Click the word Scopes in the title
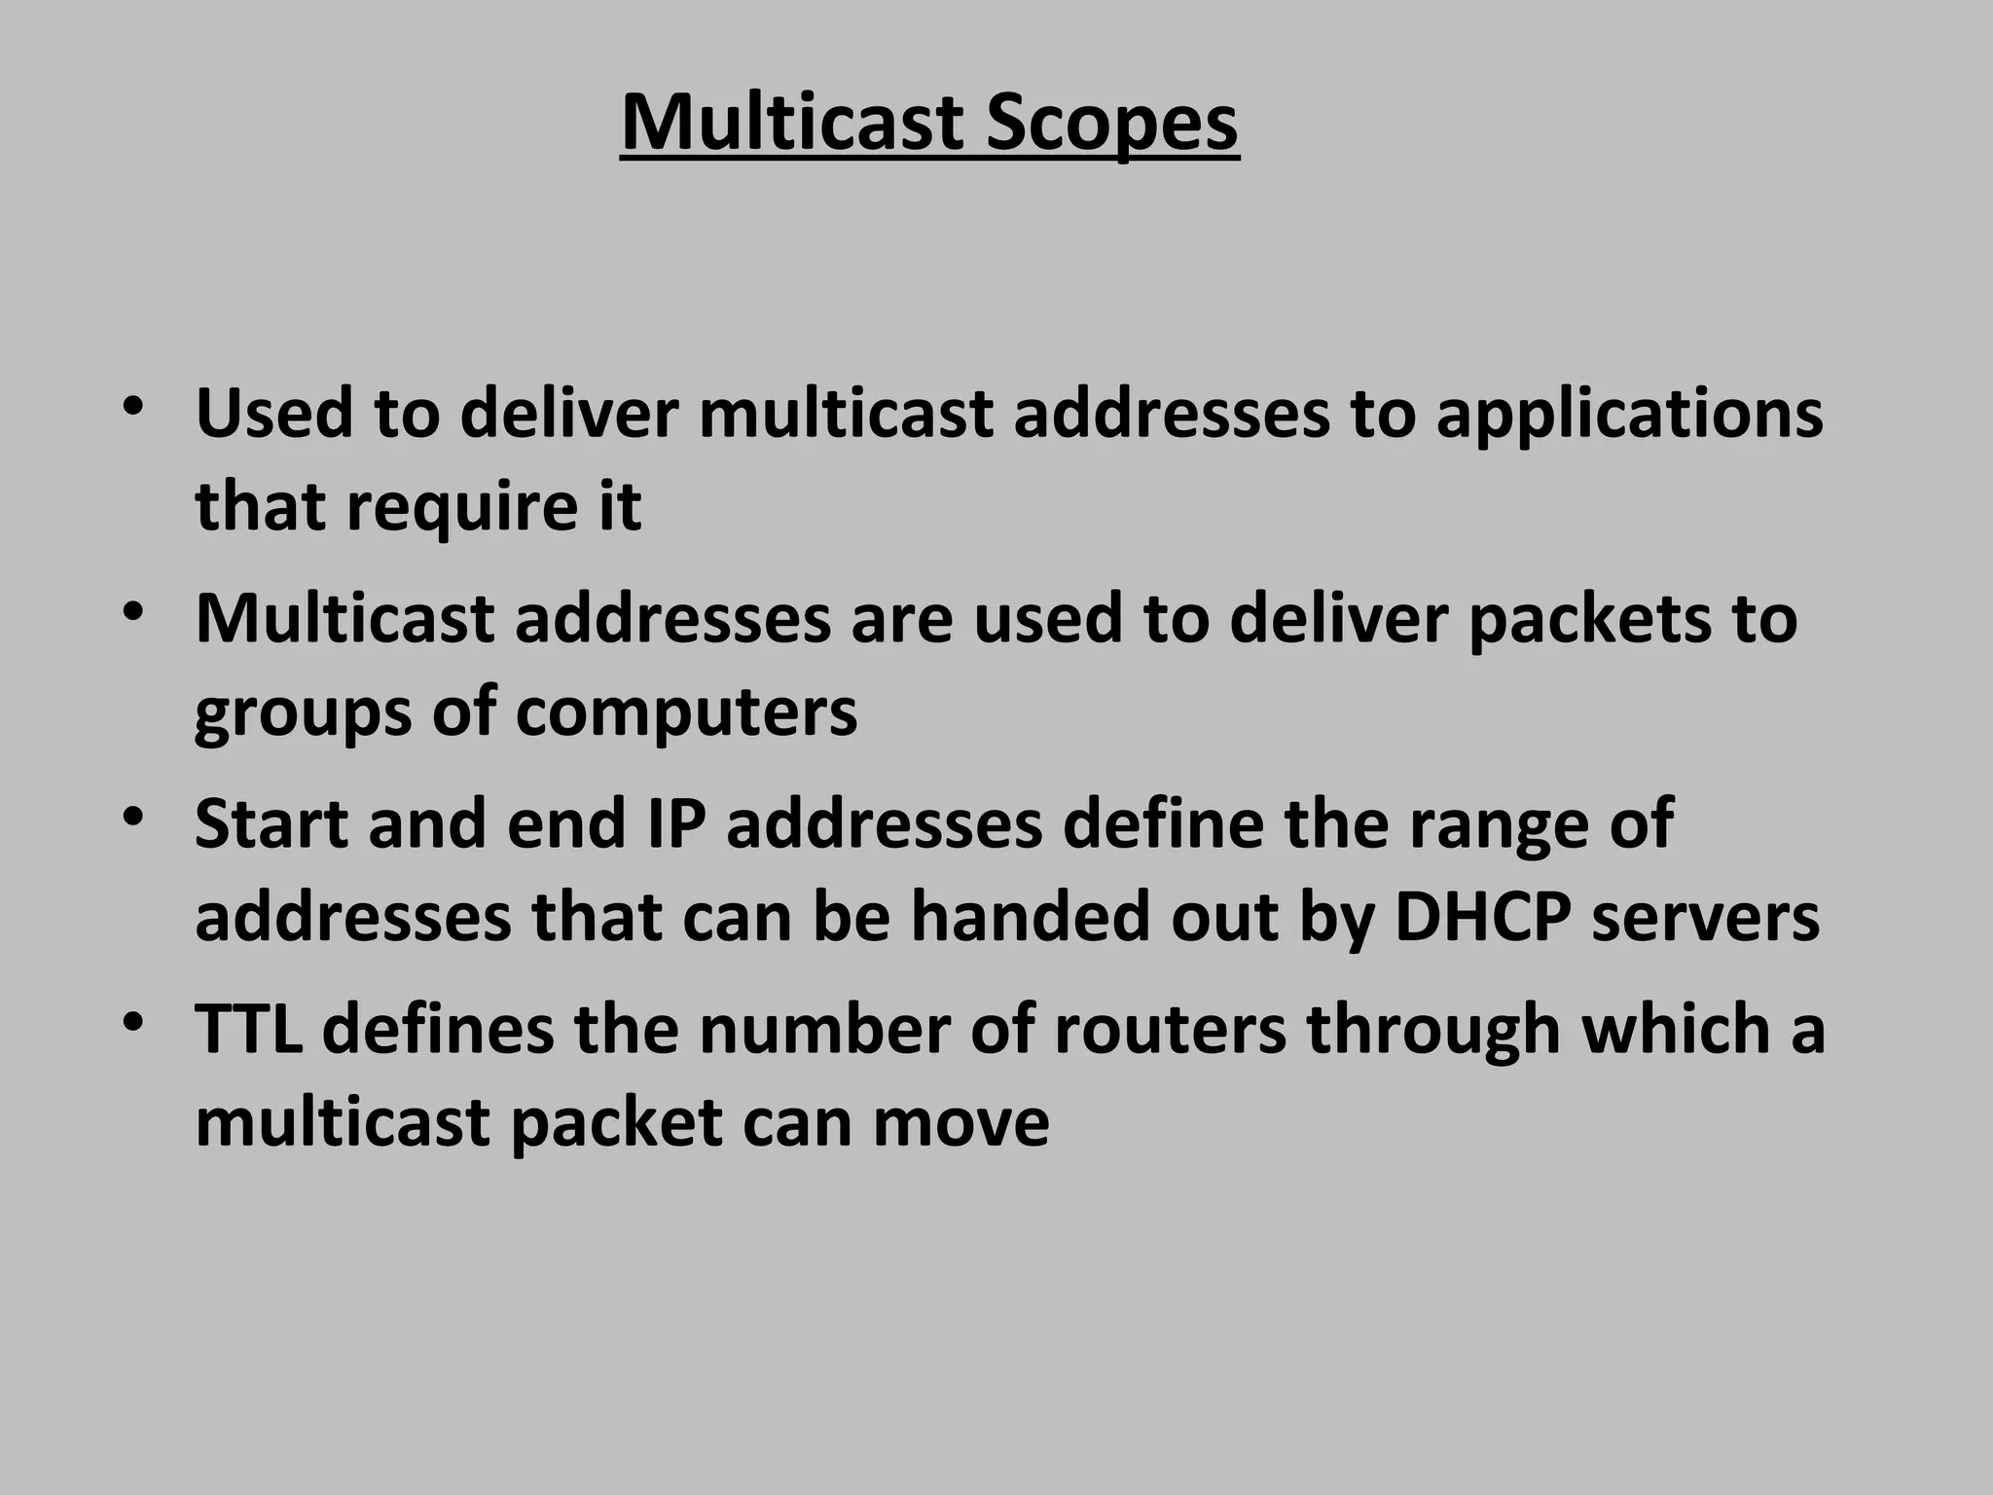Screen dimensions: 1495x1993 tap(1111, 123)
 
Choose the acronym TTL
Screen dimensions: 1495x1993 tap(248, 1030)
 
